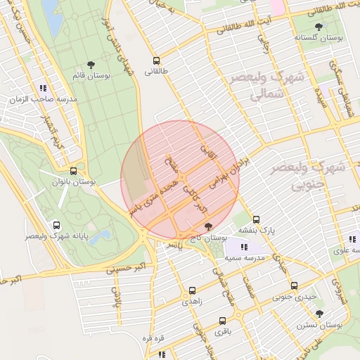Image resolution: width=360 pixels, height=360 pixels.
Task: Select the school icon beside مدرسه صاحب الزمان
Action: (x=43, y=89)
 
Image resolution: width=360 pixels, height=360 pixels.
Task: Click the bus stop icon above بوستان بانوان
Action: (x=73, y=171)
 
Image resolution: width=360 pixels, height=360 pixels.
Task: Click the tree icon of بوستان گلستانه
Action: (x=319, y=27)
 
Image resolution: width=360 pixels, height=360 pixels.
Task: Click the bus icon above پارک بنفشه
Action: (x=256, y=219)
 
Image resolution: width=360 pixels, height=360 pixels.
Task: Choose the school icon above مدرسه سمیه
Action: (x=243, y=247)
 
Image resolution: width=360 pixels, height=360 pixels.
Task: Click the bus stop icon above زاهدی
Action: (x=192, y=289)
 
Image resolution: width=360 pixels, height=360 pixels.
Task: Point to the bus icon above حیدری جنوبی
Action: (x=294, y=285)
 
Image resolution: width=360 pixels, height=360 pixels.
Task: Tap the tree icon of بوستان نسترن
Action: (x=320, y=314)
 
